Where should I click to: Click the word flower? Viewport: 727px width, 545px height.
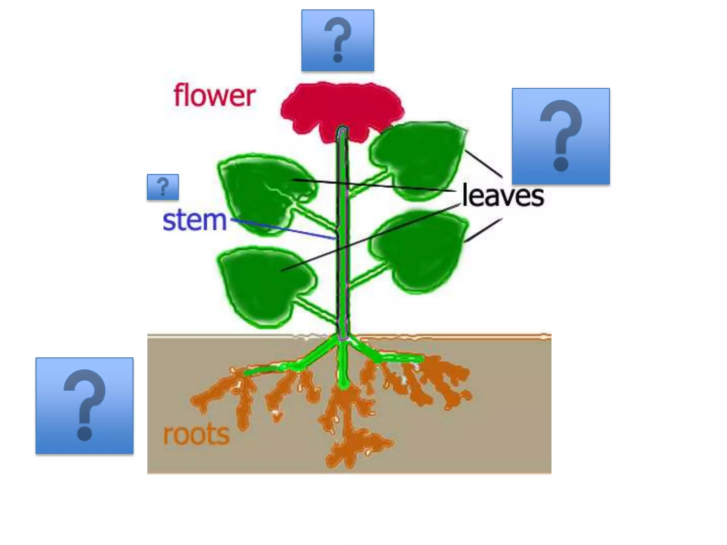[214, 95]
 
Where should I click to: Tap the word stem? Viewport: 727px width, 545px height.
[194, 220]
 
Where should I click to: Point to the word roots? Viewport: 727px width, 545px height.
[196, 434]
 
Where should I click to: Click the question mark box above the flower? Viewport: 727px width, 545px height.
[338, 40]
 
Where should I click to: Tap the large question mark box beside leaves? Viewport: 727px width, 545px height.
[561, 136]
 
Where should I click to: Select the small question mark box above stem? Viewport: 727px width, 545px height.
[163, 187]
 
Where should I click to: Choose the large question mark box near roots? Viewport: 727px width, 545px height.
[84, 406]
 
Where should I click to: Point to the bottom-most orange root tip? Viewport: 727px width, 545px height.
[335, 459]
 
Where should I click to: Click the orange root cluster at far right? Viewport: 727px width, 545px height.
[451, 383]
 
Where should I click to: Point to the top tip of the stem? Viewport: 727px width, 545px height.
[342, 131]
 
